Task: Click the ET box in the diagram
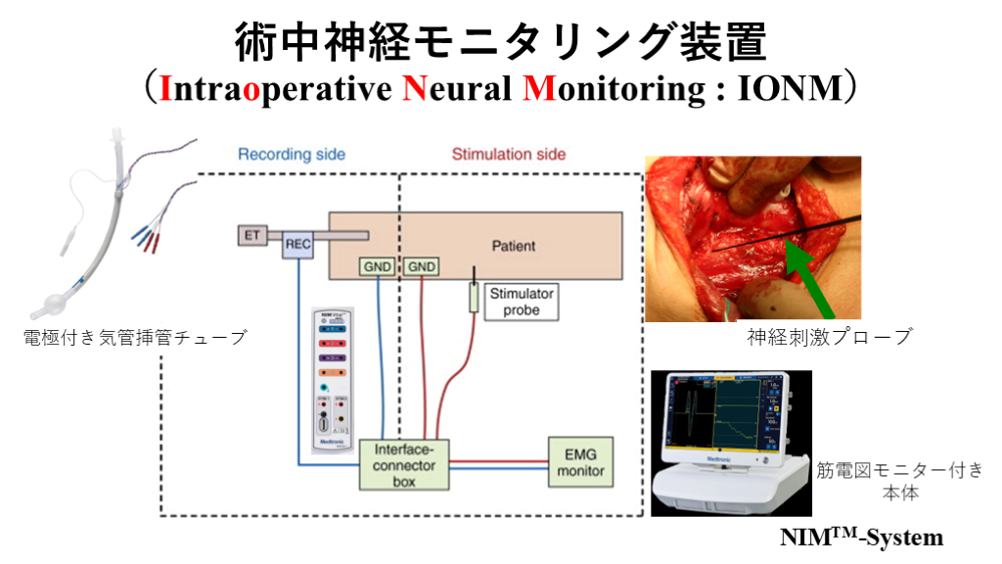pos(252,235)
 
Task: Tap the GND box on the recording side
pos(377,266)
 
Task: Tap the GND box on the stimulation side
pos(422,266)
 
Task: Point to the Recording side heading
pos(292,155)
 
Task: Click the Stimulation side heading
pos(508,155)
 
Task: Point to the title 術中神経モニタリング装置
pos(500,40)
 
